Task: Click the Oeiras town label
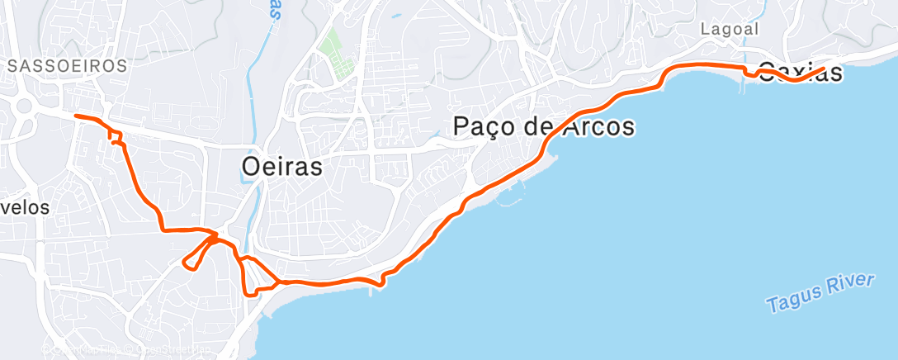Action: point(281,166)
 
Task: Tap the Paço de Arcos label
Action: point(544,127)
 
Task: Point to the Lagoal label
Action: point(729,28)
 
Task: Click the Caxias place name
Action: point(800,72)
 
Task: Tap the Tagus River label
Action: point(820,294)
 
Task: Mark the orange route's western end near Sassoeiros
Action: point(76,116)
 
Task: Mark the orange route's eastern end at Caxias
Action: point(824,69)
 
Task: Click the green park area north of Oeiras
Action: point(337,50)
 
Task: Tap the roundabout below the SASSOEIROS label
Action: point(22,106)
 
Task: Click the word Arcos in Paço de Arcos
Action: point(594,127)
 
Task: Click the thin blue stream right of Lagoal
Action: point(777,25)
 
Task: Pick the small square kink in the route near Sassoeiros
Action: point(116,138)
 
